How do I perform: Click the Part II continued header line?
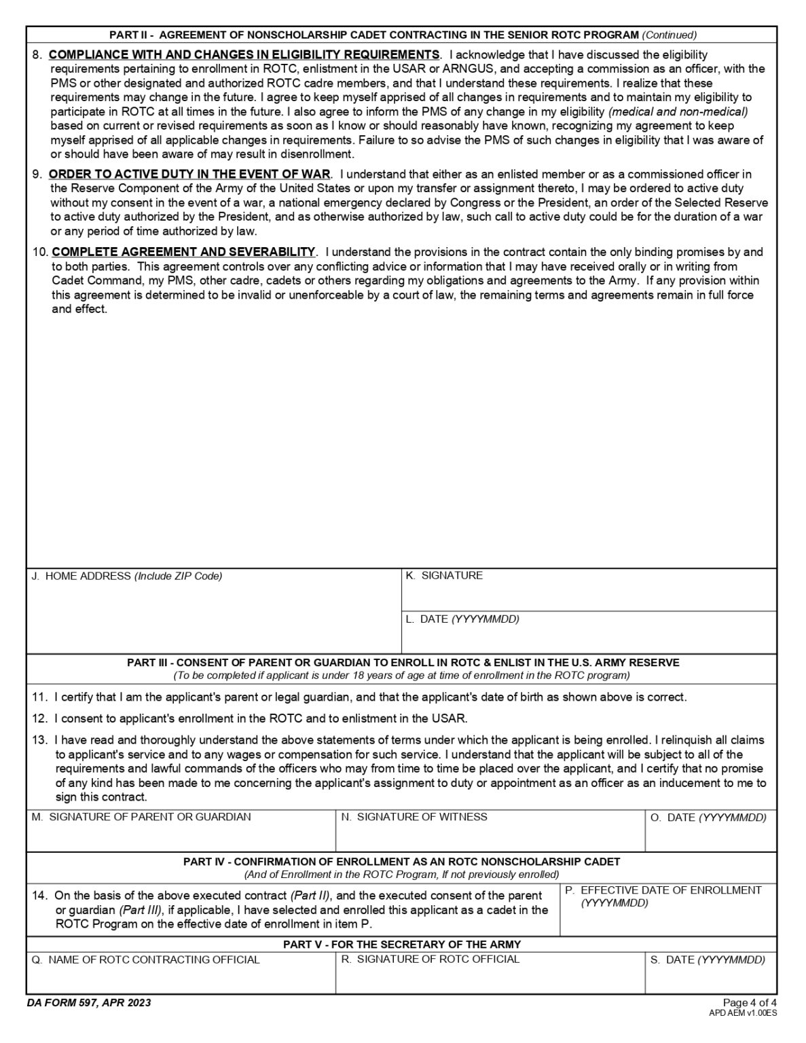(403, 35)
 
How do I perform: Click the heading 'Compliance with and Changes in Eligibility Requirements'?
(244, 54)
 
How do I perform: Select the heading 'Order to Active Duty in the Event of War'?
(189, 174)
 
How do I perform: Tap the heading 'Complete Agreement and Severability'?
(183, 252)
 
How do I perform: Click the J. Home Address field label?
(127, 576)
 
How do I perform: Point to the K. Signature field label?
(444, 575)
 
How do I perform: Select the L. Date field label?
(462, 619)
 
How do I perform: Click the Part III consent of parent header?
(403, 662)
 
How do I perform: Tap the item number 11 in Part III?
(39, 697)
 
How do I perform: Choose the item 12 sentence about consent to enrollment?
(260, 718)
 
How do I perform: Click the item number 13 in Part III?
(39, 739)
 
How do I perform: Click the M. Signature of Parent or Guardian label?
(141, 817)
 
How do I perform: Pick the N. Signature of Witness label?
(414, 817)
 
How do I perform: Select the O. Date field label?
(708, 818)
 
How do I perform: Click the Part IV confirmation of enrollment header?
(401, 861)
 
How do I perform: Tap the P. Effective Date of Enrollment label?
(663, 890)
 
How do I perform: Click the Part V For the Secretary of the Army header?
(402, 944)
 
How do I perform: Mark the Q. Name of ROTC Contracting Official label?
(146, 959)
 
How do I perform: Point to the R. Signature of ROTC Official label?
(430, 959)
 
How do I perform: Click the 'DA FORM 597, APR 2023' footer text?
(90, 1003)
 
